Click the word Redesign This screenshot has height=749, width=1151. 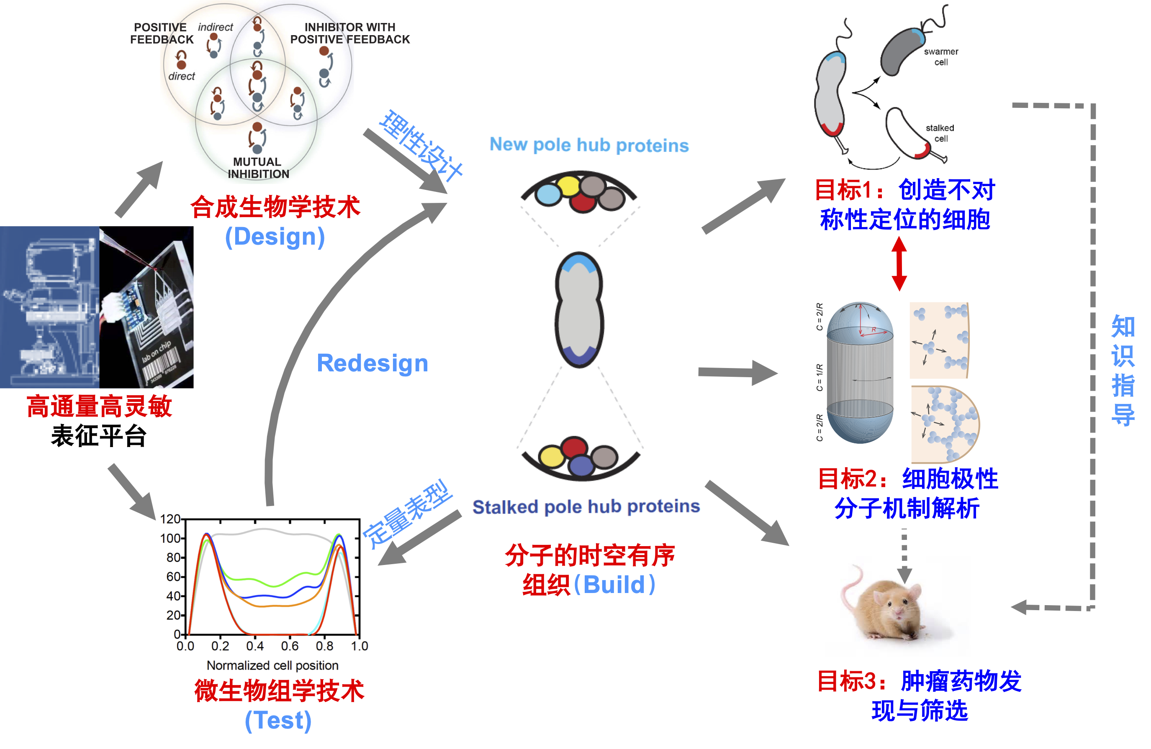click(372, 363)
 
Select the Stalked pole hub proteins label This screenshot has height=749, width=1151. click(586, 506)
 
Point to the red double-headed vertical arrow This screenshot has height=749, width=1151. click(899, 264)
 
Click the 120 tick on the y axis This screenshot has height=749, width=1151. click(170, 519)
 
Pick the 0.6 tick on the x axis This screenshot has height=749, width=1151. click(290, 646)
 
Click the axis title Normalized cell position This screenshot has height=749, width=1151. click(272, 665)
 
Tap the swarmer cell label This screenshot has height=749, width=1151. click(940, 56)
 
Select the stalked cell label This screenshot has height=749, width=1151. click(940, 133)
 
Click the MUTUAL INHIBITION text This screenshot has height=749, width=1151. click(258, 168)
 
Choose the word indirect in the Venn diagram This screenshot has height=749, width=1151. click(215, 27)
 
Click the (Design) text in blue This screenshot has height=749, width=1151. click(275, 237)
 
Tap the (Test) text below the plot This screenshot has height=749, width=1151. click(277, 720)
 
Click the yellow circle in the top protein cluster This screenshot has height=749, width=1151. click(568, 186)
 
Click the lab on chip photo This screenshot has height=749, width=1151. click(146, 307)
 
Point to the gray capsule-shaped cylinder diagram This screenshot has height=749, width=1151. click(860, 373)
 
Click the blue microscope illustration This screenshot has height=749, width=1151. click(49, 307)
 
